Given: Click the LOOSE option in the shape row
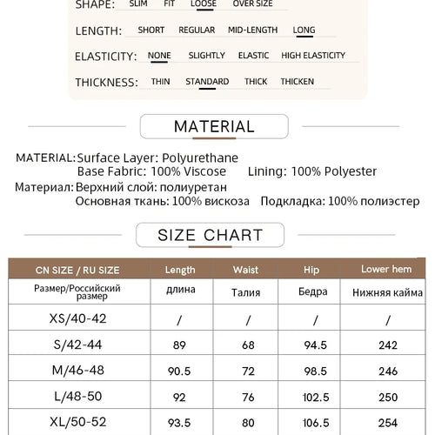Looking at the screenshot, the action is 203,3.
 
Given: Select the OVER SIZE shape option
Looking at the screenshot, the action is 252,3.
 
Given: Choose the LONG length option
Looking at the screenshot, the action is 304,30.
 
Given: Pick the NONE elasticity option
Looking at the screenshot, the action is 159,56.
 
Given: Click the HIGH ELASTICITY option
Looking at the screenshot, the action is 313,56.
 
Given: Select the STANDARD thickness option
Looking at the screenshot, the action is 207,82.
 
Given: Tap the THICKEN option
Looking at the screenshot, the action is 297,82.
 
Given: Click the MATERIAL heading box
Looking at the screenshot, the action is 213,127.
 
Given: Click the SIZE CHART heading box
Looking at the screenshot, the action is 210,235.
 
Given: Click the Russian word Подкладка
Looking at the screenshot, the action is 284,201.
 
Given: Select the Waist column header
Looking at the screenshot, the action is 246,270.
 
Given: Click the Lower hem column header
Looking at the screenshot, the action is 386,270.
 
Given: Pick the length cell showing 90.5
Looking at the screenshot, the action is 179,371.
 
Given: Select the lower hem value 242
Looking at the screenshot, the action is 386,345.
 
